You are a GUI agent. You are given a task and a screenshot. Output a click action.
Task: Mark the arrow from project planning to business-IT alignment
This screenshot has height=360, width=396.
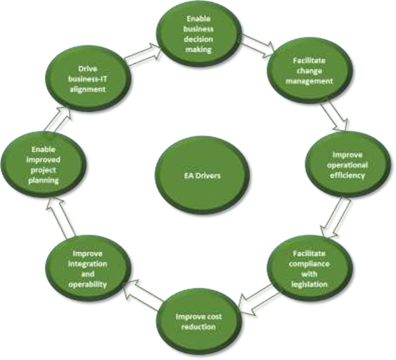click(57, 119)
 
